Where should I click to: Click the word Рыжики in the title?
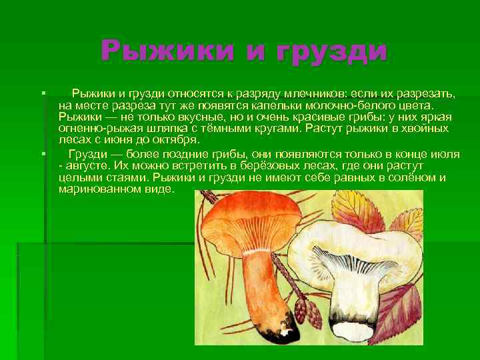(159, 51)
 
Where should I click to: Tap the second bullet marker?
(42, 154)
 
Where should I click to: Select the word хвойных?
(425, 129)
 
